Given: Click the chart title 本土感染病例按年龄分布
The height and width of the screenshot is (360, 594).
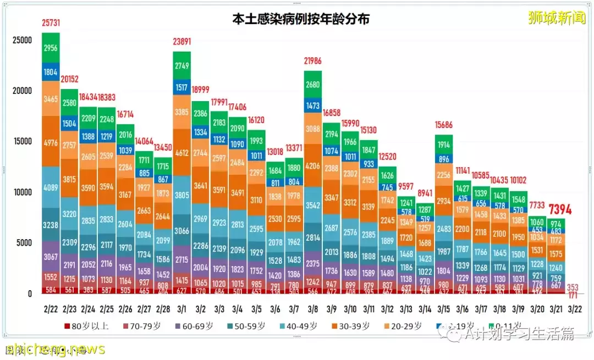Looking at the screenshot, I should [300, 19].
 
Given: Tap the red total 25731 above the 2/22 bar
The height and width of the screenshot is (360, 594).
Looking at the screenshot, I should [51, 24].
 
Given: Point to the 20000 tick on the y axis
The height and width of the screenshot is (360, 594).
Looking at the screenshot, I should [23, 91].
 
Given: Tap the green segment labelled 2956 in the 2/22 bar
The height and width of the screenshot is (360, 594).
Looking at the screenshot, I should [51, 48].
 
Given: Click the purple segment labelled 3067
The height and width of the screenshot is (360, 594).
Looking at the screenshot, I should [51, 257].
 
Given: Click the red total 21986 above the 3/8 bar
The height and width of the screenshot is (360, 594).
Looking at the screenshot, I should [312, 62].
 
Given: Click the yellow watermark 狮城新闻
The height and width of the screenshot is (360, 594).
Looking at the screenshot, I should [557, 18].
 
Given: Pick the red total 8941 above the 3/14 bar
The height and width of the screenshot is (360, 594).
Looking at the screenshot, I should [425, 193].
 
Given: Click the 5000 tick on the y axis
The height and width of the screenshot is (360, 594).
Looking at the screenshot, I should [25, 243].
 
